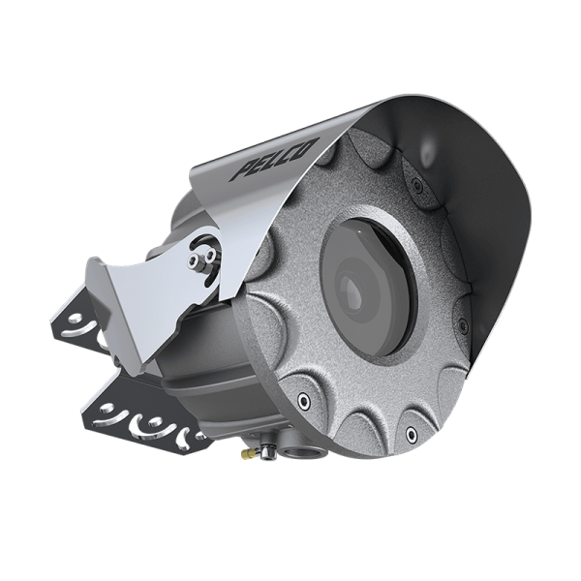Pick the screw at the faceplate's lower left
[306, 400]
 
